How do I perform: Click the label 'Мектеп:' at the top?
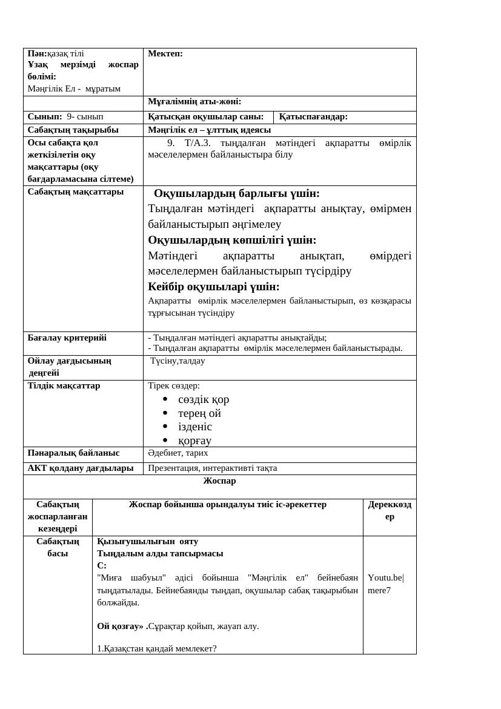[x=165, y=54]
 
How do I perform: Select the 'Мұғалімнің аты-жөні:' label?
[x=194, y=102]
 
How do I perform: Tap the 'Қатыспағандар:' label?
[x=313, y=117]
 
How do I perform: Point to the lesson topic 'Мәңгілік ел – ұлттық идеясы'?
[x=210, y=130]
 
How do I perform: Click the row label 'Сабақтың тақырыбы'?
[x=73, y=130]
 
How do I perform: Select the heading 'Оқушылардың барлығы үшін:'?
[x=237, y=193]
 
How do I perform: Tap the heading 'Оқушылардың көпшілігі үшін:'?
[x=232, y=239]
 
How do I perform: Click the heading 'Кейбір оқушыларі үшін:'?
[x=214, y=286]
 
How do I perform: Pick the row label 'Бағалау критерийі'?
[x=67, y=338]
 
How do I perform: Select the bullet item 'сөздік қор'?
[x=204, y=399]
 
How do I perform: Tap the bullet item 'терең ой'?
[x=199, y=413]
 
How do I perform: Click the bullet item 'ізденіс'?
[x=195, y=427]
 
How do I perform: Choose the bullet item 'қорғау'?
[x=194, y=441]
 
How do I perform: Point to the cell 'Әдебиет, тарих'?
[x=178, y=453]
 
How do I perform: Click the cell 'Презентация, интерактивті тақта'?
[x=213, y=468]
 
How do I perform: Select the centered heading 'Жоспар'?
[x=219, y=481]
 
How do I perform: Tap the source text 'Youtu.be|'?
[x=386, y=578]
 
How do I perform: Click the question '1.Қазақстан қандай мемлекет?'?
[x=157, y=648]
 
